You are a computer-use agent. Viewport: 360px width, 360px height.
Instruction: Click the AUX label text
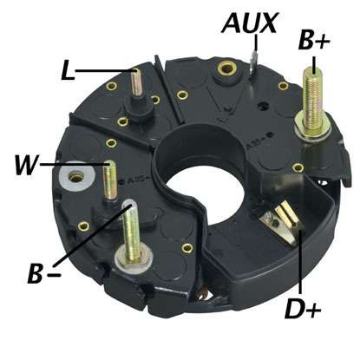[x=250, y=23]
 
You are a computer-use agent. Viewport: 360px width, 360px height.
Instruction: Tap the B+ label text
[x=314, y=40]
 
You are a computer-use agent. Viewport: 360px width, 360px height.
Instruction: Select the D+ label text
[x=303, y=308]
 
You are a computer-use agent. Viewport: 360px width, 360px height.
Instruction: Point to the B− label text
[x=44, y=273]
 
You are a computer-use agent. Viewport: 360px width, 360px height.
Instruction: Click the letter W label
[x=27, y=165]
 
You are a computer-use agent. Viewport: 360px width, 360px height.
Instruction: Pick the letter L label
[x=68, y=70]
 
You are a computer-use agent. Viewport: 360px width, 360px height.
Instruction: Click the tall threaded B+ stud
[x=312, y=98]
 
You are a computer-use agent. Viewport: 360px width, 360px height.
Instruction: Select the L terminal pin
[x=136, y=83]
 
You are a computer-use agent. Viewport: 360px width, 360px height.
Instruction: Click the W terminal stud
[x=110, y=180]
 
